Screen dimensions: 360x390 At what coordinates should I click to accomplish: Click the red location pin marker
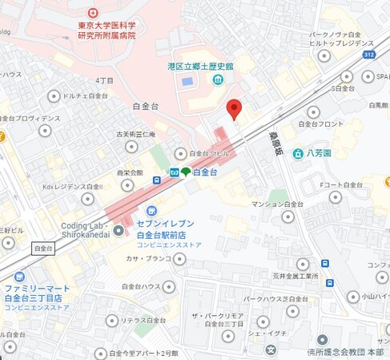tap(233, 109)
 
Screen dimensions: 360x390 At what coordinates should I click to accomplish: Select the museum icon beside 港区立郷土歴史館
tap(217, 80)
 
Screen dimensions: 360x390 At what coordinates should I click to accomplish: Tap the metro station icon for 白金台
tap(173, 172)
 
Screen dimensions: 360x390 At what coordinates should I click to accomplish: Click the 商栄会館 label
tap(130, 172)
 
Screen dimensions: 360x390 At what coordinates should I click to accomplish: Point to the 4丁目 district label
tap(104, 80)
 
